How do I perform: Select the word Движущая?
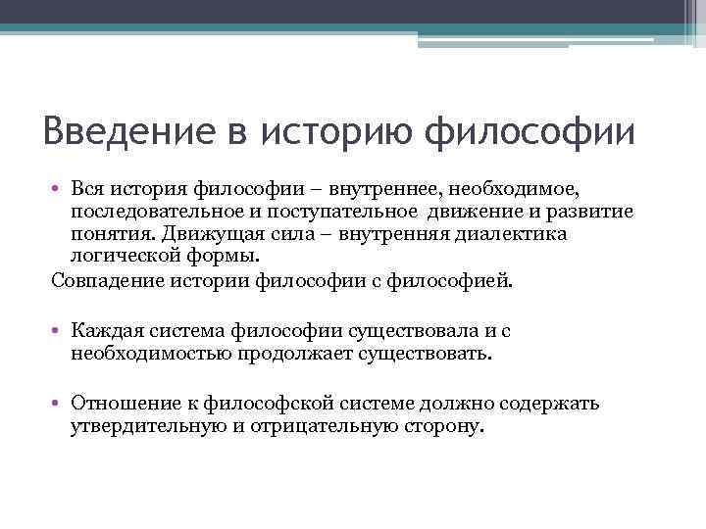coord(246,235)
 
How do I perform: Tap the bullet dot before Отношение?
coord(59,403)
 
